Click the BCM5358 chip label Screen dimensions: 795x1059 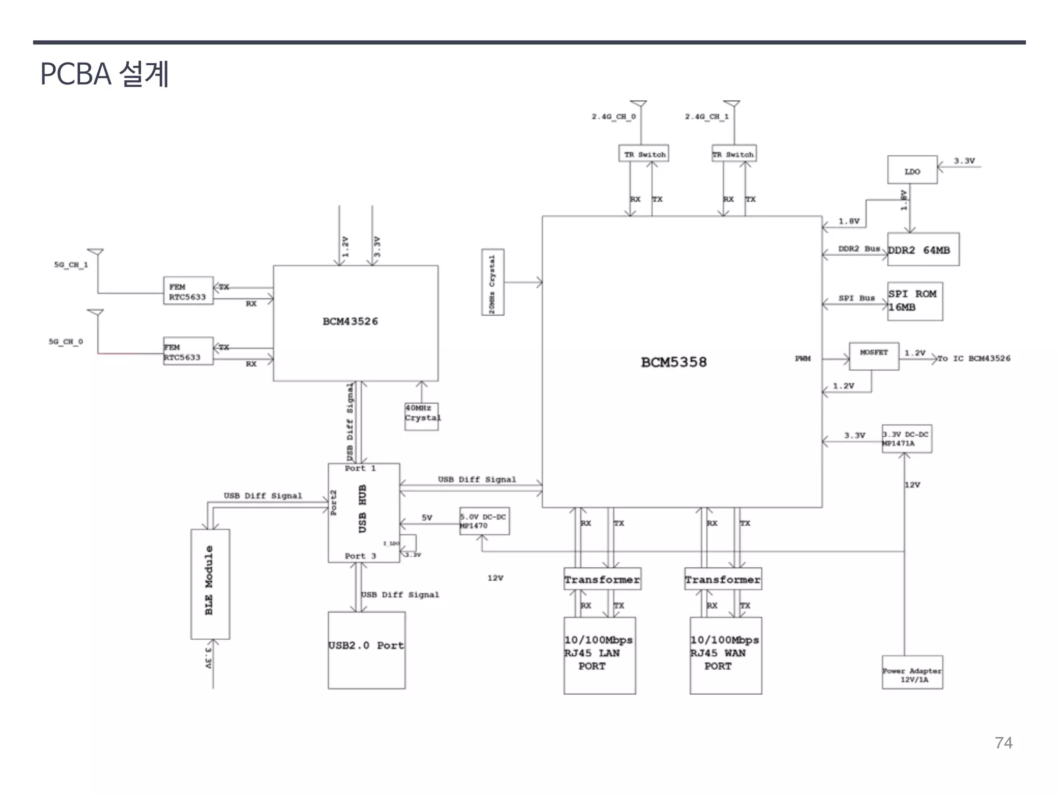click(673, 362)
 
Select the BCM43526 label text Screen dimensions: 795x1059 click(350, 321)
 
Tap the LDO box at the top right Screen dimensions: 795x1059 click(912, 170)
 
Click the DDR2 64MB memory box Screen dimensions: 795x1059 click(923, 249)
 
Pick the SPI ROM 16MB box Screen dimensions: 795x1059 click(915, 301)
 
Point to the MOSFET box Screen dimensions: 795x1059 click(874, 356)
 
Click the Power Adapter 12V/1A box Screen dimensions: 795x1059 click(912, 673)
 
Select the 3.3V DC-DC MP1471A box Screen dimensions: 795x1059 click(907, 439)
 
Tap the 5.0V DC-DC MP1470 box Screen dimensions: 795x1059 click(484, 521)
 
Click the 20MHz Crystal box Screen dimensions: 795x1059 click(492, 283)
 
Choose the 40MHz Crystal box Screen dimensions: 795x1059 click(421, 417)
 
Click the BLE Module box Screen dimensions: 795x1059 click(210, 584)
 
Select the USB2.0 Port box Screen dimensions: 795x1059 click(366, 650)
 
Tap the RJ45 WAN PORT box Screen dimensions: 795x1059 click(725, 655)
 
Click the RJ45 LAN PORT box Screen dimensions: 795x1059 click(599, 655)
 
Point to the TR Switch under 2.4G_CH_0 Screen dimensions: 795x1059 click(644, 154)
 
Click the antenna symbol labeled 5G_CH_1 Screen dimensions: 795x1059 click(96, 253)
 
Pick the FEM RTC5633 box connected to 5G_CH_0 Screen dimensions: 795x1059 click(188, 351)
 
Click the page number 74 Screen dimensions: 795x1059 click(1003, 743)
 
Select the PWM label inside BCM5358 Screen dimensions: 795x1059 click(803, 359)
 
